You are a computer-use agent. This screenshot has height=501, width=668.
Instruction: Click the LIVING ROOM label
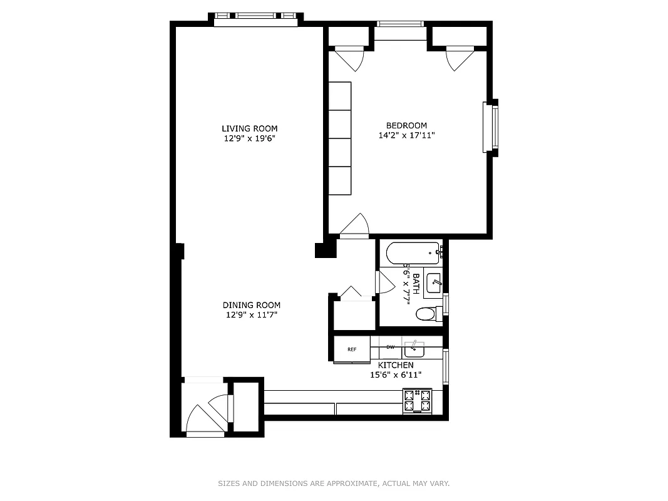(249, 128)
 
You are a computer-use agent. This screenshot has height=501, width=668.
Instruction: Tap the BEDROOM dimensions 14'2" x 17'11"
(406, 135)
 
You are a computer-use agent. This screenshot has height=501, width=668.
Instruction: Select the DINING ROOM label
(251, 305)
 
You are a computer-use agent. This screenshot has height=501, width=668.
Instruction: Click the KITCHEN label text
(396, 365)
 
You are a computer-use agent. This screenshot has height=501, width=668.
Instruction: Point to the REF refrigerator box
(352, 349)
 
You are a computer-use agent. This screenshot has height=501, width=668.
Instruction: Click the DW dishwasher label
(390, 347)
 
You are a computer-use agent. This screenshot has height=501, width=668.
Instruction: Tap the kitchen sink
(414, 347)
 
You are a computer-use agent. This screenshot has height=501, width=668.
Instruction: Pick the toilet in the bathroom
(428, 314)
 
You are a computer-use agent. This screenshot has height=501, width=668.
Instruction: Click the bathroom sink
(433, 283)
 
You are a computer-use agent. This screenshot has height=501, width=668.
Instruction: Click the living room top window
(255, 19)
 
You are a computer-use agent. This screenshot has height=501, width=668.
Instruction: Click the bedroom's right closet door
(459, 59)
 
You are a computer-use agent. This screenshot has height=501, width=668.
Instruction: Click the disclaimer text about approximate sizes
(334, 483)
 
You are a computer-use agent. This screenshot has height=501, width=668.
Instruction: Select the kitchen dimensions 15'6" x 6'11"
(395, 374)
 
